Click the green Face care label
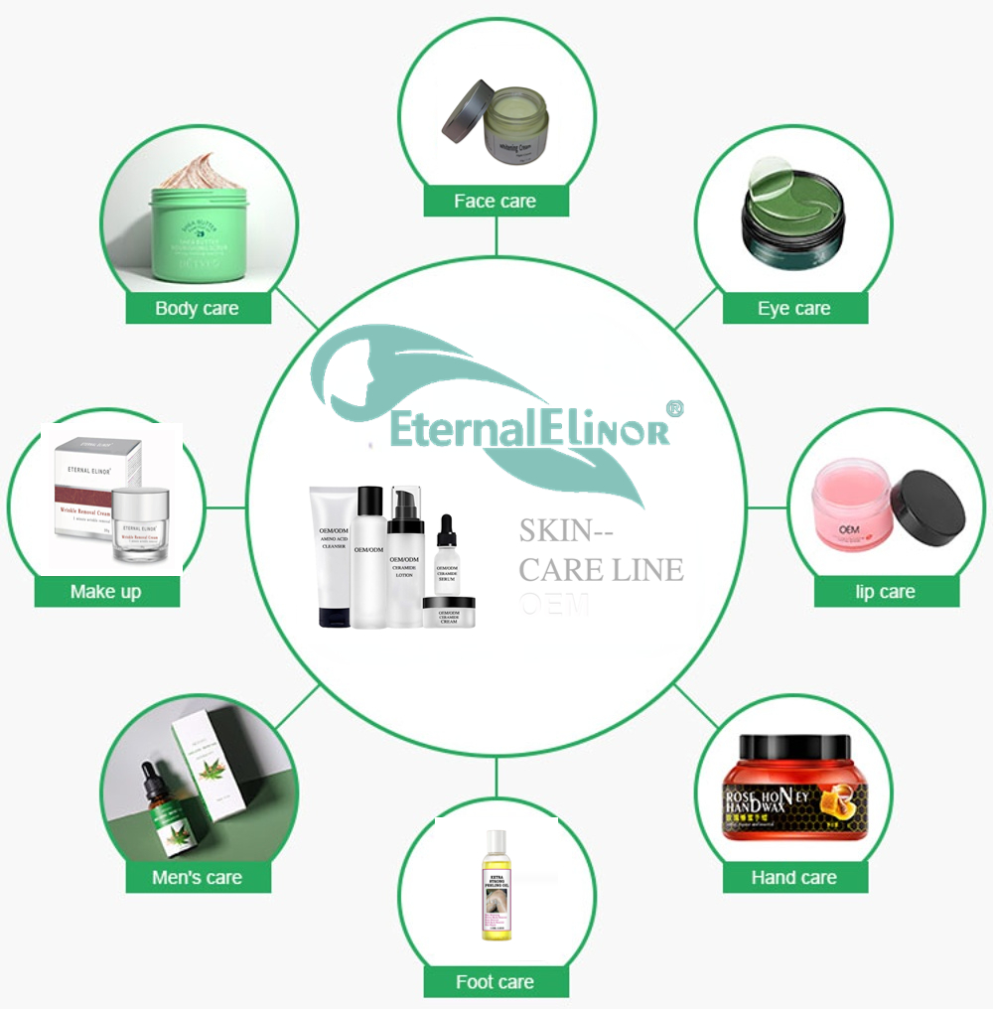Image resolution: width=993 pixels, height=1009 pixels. click(x=496, y=201)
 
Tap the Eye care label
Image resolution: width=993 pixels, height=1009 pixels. click(x=794, y=308)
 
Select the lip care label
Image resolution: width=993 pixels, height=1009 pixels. click(x=886, y=592)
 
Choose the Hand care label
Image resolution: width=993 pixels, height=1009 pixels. click(x=794, y=877)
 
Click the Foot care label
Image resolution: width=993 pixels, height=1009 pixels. click(x=496, y=982)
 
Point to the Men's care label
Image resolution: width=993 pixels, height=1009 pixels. click(x=197, y=877)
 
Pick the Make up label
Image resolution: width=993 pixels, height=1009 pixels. click(x=106, y=592)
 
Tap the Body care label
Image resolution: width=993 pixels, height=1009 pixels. click(x=197, y=308)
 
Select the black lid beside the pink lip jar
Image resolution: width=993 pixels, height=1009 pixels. click(x=928, y=507)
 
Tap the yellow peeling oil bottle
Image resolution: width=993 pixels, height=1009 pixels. click(x=496, y=886)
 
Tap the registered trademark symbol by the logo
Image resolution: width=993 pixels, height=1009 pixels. click(x=673, y=408)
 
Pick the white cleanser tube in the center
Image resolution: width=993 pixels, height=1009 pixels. click(x=332, y=557)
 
